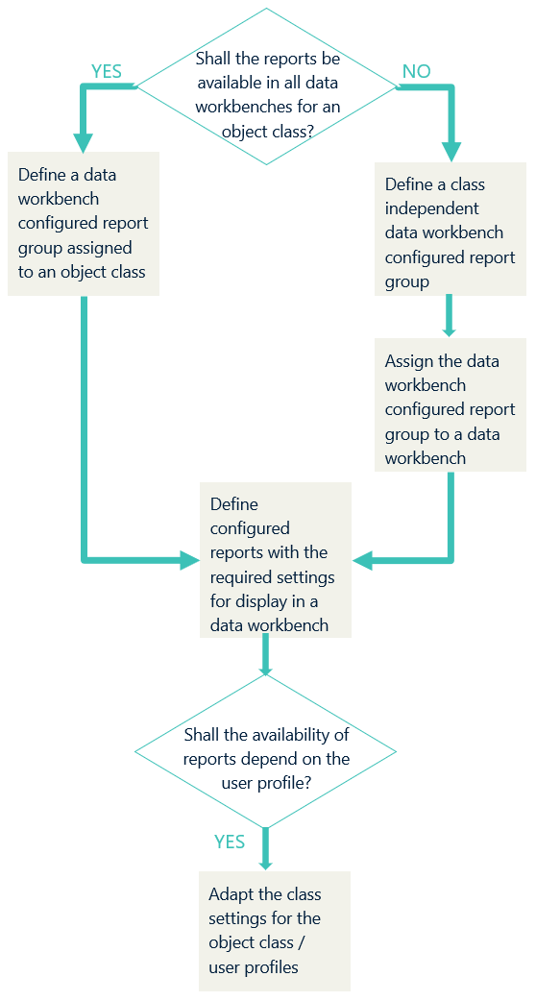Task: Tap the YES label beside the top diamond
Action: point(107,72)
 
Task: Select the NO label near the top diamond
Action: point(416,72)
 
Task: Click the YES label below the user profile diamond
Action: point(230,842)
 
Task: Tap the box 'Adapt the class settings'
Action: point(275,931)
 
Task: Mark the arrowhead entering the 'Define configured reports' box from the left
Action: point(190,560)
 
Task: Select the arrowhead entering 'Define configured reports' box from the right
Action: point(362,560)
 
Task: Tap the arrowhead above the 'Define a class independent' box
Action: point(451,151)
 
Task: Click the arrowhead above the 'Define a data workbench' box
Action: point(84,142)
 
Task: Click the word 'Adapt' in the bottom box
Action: point(231,894)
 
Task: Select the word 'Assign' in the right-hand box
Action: point(408,361)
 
